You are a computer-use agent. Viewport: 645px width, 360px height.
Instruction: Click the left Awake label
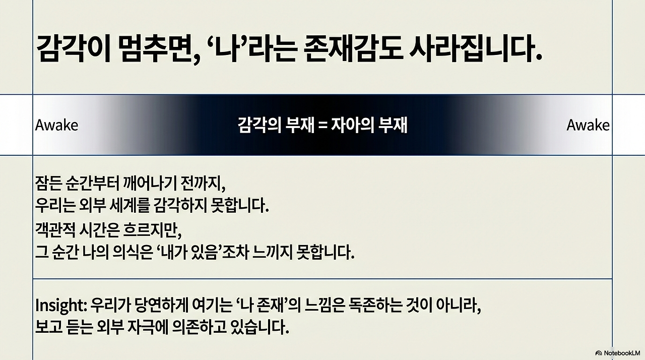(56, 125)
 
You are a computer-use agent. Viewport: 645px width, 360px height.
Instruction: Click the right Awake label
(588, 125)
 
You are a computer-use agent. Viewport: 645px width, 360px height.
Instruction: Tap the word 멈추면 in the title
(159, 49)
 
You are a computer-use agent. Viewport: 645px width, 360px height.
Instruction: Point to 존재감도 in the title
(352, 49)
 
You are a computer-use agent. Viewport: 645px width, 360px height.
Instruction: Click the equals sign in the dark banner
(322, 126)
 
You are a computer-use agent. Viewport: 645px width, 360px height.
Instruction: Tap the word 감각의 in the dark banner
(259, 126)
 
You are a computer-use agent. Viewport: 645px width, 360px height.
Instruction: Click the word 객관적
(55, 230)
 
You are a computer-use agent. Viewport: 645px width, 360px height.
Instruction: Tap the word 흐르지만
(152, 230)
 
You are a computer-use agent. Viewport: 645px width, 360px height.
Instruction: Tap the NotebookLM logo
(618, 353)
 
